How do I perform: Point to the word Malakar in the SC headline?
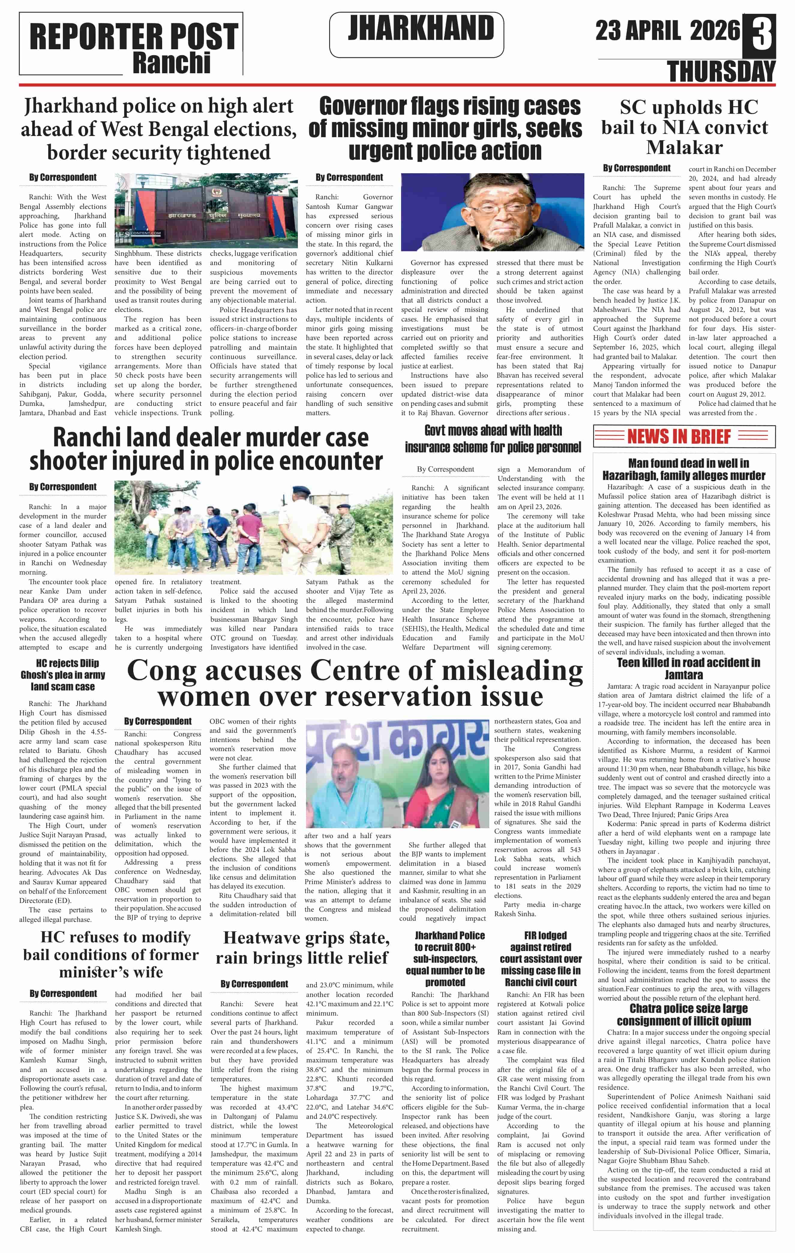pos(684,147)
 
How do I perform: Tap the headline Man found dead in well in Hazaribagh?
pos(684,469)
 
